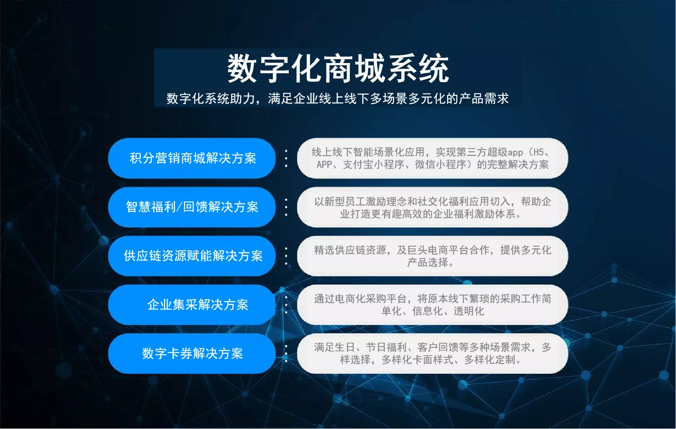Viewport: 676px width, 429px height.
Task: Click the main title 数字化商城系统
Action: pos(338,68)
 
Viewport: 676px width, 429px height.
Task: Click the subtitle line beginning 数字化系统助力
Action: pos(338,99)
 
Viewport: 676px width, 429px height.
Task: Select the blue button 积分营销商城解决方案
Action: pos(192,158)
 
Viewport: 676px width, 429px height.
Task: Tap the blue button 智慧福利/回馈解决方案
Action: pos(192,207)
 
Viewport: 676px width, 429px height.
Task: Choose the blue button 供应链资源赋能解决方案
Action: pos(192,256)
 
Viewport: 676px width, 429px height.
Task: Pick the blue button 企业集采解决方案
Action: pos(192,305)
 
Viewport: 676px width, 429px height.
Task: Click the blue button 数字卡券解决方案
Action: pos(192,354)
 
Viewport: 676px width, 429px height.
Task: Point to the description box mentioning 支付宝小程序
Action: pos(433,158)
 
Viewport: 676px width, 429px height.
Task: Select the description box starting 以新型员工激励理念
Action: pos(433,207)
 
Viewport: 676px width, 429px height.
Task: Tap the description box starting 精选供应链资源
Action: pos(433,256)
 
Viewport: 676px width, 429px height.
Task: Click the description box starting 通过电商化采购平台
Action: pos(433,305)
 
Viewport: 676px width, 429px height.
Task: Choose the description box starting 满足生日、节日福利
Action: pos(433,354)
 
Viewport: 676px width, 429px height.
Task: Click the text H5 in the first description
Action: pos(538,152)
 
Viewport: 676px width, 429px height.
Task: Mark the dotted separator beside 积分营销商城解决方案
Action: pos(286,158)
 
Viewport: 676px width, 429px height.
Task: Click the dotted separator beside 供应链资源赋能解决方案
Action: pos(286,256)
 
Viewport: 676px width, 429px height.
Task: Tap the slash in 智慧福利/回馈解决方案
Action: pos(179,207)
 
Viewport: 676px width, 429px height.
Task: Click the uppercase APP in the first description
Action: pos(324,165)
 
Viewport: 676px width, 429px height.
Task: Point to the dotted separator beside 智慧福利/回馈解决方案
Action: pos(286,207)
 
